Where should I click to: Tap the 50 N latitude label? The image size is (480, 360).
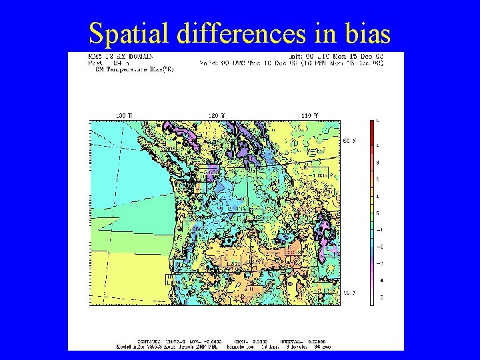click(349, 141)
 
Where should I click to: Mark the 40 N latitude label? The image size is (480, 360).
click(349, 293)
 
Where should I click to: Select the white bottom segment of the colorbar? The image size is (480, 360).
click(372, 297)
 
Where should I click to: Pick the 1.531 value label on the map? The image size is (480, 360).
click(233, 264)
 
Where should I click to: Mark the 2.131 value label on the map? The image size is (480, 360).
click(325, 291)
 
